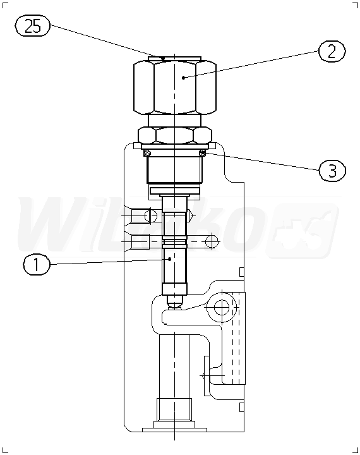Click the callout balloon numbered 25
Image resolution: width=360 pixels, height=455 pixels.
[x=32, y=27]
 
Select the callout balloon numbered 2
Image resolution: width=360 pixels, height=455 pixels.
[x=332, y=51]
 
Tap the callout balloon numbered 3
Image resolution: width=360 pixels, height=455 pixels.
[x=332, y=171]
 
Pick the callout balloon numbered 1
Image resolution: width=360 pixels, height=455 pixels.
[x=37, y=265]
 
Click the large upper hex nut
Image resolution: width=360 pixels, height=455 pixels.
[x=175, y=87]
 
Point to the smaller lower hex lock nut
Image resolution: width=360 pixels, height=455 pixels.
[x=175, y=135]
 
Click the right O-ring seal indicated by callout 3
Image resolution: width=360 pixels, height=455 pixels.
[x=203, y=153]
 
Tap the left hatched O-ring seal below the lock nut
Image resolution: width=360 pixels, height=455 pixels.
[x=147, y=153]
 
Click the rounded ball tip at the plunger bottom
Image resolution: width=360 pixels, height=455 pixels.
[x=175, y=302]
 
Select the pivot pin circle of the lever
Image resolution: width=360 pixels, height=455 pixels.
[x=222, y=308]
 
